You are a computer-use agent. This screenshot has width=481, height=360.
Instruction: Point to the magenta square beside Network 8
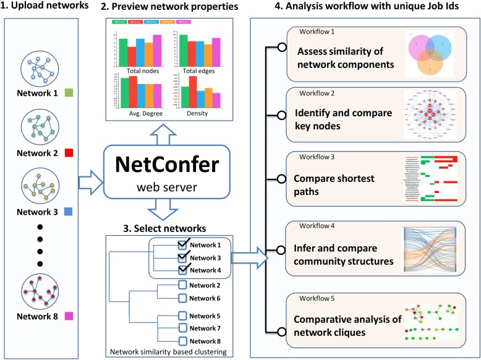69,316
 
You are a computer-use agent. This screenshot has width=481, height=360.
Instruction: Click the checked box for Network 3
182,257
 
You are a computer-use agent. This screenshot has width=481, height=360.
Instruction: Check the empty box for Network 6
182,298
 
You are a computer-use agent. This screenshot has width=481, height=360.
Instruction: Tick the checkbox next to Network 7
182,327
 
